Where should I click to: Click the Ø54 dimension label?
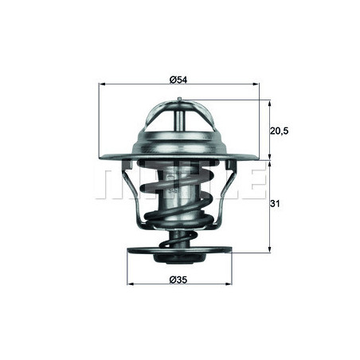178,80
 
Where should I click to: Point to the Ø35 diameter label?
178,280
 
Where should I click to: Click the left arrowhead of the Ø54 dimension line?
100,85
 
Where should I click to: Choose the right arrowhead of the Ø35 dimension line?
229,285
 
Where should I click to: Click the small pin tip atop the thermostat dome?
180,100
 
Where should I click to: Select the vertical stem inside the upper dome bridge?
180,123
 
